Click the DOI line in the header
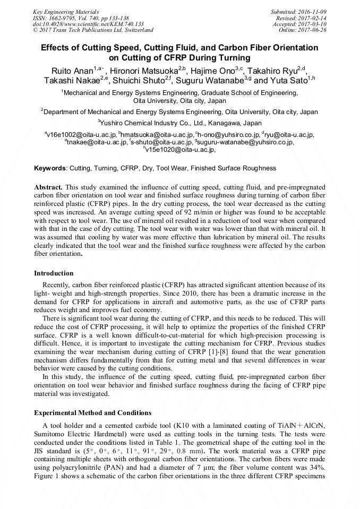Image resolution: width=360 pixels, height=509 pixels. point(88,24)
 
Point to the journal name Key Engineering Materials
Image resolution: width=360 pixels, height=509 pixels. point(66,11)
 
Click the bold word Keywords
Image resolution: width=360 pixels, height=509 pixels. point(50,168)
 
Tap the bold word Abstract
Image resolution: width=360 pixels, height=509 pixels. point(48,187)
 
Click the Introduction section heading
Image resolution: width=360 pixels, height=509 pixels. point(54,273)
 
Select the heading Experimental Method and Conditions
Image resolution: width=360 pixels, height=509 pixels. point(92,412)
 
